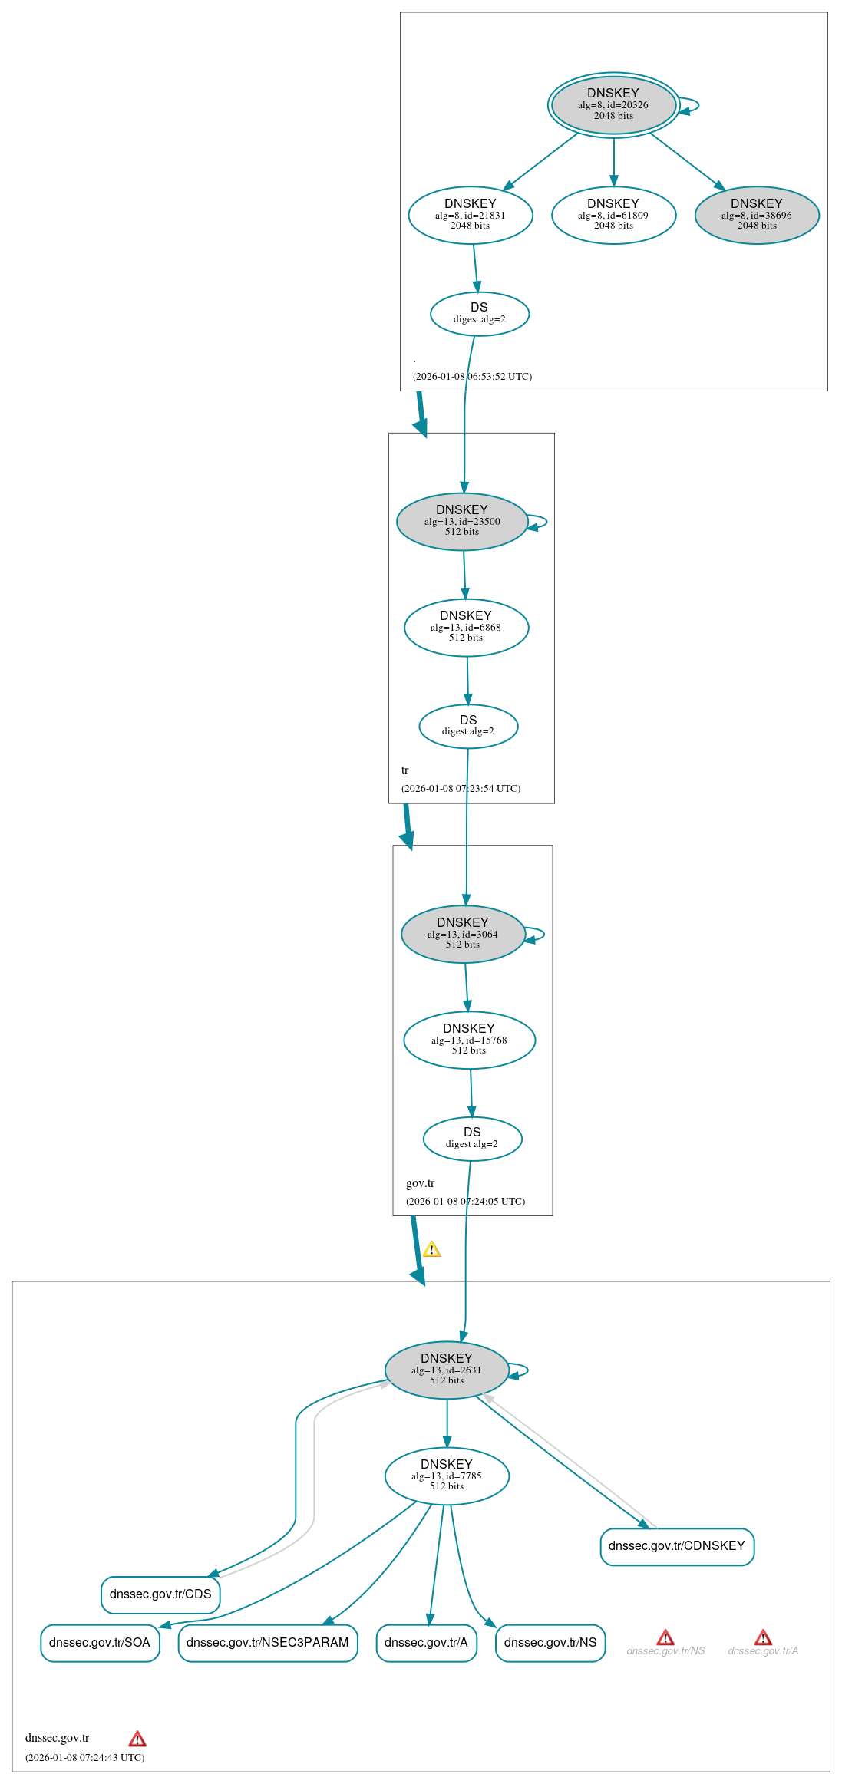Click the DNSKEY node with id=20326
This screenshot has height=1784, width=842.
(x=613, y=105)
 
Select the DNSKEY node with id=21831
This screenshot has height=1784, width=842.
(x=471, y=216)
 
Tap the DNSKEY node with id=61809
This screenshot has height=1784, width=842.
(x=613, y=216)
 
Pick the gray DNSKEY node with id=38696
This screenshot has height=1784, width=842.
(x=757, y=216)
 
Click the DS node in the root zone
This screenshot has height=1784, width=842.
(x=480, y=314)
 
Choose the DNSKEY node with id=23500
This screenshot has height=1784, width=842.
(x=462, y=522)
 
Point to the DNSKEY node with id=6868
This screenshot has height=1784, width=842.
(x=467, y=628)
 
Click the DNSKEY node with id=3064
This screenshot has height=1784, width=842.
(x=463, y=935)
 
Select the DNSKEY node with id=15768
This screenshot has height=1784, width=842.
(x=470, y=1040)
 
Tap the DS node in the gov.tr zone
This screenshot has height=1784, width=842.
(x=473, y=1139)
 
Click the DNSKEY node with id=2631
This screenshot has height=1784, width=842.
(x=447, y=1370)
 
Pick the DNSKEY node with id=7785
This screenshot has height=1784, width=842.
(x=447, y=1476)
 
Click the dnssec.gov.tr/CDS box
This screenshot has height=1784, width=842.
(x=161, y=1594)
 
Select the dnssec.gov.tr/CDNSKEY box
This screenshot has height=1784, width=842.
(x=677, y=1546)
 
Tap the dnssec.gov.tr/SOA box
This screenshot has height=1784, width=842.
(x=100, y=1643)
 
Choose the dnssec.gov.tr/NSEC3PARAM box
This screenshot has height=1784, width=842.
(x=268, y=1643)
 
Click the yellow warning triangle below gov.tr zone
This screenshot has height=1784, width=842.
(x=432, y=1249)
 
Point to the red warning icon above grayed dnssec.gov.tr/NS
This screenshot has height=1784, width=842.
(x=665, y=1637)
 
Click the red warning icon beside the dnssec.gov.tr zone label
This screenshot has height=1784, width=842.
(x=137, y=1739)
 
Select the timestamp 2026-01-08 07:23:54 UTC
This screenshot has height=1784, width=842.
(x=461, y=788)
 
